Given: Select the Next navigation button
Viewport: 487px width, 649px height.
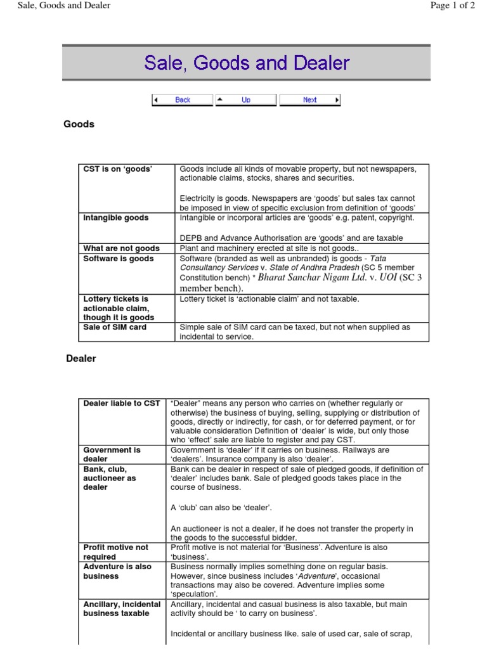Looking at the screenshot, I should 309,100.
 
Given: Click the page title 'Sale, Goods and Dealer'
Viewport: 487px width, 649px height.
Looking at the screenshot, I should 247,63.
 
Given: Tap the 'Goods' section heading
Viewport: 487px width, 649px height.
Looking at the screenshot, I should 79,124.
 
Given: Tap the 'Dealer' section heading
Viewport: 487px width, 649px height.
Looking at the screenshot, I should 81,359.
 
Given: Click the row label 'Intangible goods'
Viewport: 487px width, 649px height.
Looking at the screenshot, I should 116,218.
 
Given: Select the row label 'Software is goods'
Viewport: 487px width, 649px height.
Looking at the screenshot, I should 119,259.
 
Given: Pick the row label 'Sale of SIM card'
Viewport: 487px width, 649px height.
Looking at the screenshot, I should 115,327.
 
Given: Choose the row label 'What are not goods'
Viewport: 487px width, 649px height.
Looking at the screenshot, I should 122,248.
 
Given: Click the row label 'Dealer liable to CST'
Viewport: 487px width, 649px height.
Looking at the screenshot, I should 122,403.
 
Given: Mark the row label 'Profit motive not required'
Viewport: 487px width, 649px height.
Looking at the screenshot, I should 116,552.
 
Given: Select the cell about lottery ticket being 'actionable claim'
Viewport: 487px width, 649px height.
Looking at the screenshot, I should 269,299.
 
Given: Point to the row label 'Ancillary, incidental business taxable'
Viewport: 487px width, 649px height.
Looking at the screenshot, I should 122,609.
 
